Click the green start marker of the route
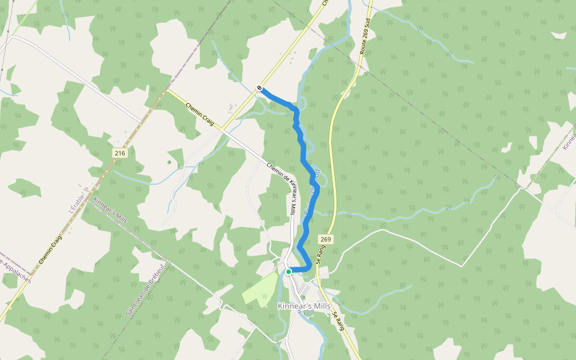tap(289, 272)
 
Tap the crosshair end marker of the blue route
tap(259, 88)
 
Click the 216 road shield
tap(120, 154)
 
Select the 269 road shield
tap(325, 239)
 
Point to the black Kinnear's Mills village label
tap(304, 306)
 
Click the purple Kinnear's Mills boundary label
tap(110, 209)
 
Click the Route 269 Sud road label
tap(363, 36)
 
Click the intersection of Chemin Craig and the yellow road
tap(221, 128)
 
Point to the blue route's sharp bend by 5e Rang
tap(309, 266)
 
